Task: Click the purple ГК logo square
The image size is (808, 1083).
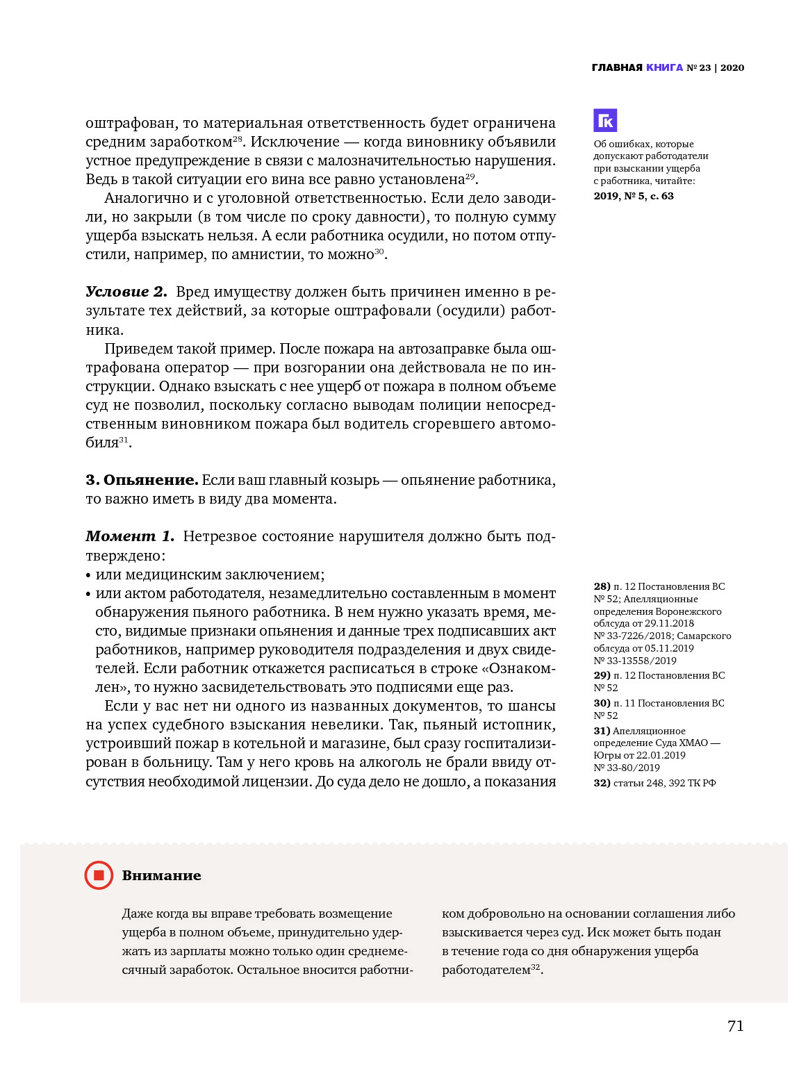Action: point(605,120)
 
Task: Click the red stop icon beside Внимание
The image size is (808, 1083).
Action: point(99,875)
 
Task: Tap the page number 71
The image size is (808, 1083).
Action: point(735,1026)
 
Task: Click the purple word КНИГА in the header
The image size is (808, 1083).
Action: point(664,67)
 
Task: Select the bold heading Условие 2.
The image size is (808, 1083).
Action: point(126,292)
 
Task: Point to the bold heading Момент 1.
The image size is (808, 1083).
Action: point(130,536)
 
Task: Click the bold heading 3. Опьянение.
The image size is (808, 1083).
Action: point(142,480)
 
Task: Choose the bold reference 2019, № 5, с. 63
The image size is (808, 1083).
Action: point(634,196)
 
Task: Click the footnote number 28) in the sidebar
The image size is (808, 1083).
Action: point(602,586)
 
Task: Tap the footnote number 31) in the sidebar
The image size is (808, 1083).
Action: point(602,731)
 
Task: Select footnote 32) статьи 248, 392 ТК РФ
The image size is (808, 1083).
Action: point(654,783)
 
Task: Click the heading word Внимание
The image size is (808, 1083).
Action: point(161,875)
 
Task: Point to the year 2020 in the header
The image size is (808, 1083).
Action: point(732,67)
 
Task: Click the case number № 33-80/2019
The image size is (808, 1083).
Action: point(627,768)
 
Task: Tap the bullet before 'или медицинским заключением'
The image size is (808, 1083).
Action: point(88,575)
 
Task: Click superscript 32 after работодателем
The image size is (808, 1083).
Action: point(535,967)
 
